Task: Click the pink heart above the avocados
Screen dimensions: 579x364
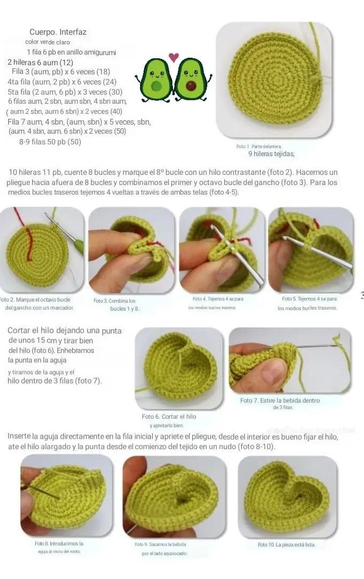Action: (x=173, y=57)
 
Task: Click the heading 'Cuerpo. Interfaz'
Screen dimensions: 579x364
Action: (x=58, y=32)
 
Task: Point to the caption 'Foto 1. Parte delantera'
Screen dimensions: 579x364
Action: (x=259, y=146)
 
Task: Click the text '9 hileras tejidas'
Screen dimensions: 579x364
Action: (x=271, y=153)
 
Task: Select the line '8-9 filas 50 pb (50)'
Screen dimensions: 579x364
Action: (x=50, y=142)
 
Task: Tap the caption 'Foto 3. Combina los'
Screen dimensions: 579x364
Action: (x=115, y=301)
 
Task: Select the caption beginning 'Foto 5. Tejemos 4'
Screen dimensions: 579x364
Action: (x=309, y=299)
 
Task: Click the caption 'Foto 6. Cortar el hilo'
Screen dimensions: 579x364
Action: (x=169, y=416)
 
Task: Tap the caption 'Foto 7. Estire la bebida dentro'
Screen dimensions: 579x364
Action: (x=280, y=400)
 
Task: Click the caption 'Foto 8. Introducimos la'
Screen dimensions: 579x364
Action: (x=59, y=544)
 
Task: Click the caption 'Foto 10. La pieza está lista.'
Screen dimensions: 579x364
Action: (x=286, y=545)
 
